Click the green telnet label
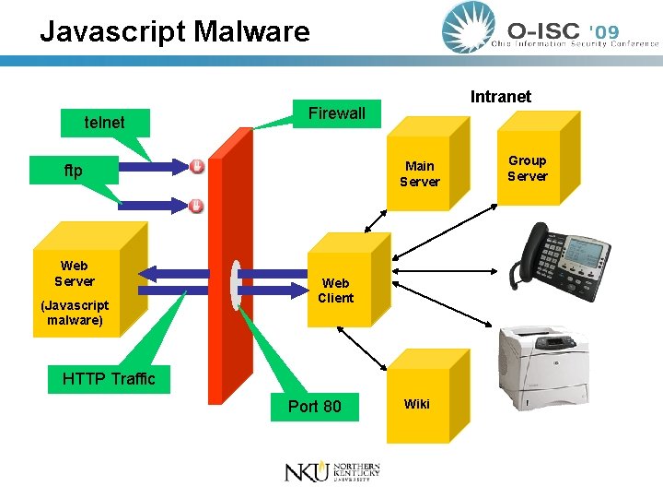tap(105, 123)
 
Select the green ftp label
tap(74, 171)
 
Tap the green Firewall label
tap(337, 113)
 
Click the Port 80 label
tap(315, 407)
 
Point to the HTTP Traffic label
tap(109, 379)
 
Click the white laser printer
tap(544, 368)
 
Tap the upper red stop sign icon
tap(197, 166)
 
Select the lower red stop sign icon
tap(196, 206)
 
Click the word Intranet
tap(501, 97)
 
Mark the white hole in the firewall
tap(235, 285)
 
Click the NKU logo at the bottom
tap(332, 472)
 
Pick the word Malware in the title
tap(251, 31)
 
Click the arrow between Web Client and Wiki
tap(362, 349)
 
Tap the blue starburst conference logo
tap(468, 28)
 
